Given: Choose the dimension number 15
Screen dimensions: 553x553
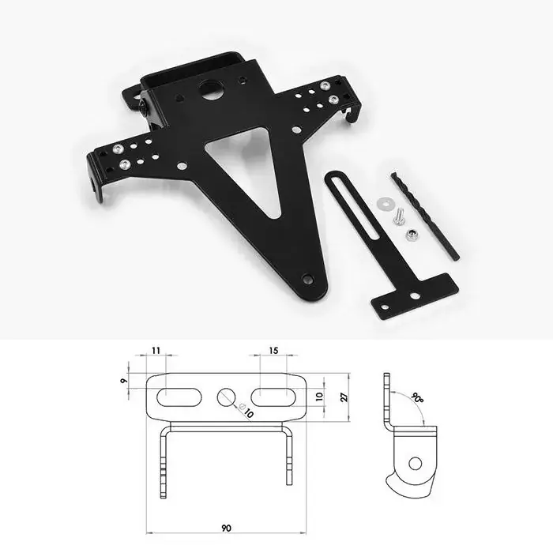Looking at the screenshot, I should [273, 350].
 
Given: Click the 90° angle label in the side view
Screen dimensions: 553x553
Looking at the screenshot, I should [416, 399].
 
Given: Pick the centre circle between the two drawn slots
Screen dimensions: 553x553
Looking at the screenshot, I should [227, 397].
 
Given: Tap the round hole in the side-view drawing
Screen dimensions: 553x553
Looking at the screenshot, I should [414, 463].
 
